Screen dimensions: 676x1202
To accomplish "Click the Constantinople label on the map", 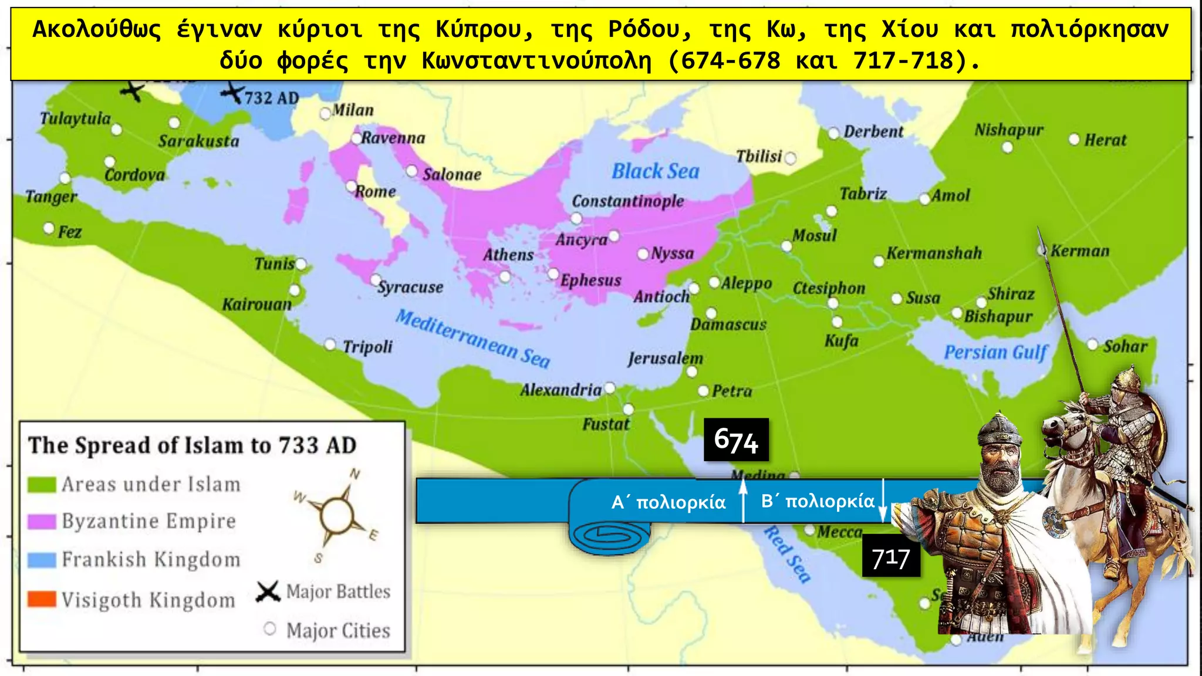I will click(x=627, y=201).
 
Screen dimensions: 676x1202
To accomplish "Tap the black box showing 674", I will click(x=736, y=440).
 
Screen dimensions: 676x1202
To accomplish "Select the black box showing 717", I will click(x=890, y=557).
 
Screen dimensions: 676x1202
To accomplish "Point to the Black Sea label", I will click(x=655, y=171).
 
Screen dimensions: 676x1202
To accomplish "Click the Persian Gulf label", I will click(x=995, y=352).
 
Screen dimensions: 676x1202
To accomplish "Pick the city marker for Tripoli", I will click(x=330, y=344).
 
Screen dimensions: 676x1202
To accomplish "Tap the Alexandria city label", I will click(x=561, y=390).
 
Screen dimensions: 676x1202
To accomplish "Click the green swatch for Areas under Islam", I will click(x=42, y=485).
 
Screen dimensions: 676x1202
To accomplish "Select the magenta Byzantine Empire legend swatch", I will click(x=42, y=522).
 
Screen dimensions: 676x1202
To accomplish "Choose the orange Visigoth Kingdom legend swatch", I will click(x=42, y=599).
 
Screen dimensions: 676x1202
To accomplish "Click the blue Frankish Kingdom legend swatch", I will click(x=42, y=560).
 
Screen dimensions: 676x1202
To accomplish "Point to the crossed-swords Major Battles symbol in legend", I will click(x=268, y=591).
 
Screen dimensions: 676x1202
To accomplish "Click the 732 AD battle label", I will click(x=271, y=98).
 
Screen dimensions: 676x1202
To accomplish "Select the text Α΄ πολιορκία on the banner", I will click(x=668, y=502).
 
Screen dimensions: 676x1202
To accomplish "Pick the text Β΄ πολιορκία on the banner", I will click(x=818, y=501).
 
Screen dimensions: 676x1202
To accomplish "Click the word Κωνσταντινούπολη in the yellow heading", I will click(x=536, y=61).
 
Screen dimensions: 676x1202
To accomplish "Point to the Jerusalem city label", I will click(x=665, y=358).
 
